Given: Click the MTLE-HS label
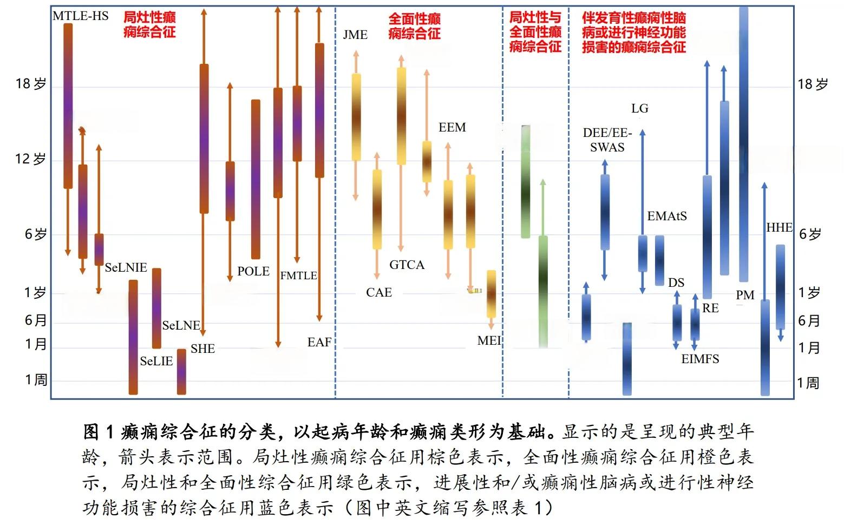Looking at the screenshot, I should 80,16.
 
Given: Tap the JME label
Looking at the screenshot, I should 355,35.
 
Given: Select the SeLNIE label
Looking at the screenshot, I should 126,267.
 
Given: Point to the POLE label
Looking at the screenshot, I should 253,271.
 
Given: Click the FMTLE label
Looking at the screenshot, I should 298,275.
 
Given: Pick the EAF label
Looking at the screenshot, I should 319,342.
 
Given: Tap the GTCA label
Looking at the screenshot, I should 407,265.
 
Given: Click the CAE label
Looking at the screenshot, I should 378,293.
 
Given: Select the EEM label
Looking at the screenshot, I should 452,128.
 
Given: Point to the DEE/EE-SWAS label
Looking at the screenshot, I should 607,140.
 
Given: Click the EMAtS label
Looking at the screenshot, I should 667,216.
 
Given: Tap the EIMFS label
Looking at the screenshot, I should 700,359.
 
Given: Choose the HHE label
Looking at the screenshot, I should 779,228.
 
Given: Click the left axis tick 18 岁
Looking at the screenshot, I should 31,84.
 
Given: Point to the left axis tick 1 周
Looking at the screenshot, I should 36,380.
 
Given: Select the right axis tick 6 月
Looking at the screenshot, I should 809,321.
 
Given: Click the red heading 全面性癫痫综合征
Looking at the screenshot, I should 414,26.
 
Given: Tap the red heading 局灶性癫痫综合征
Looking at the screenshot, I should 149,24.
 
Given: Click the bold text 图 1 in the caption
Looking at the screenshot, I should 99,432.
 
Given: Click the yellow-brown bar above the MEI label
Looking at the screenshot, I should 491,294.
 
